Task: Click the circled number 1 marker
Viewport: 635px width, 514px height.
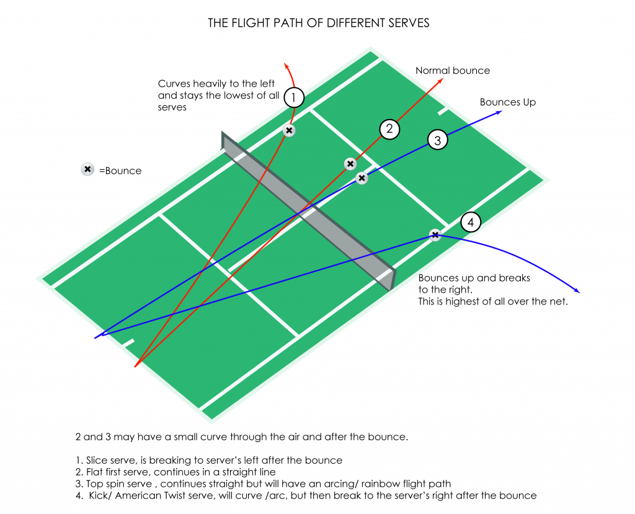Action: pos(294,98)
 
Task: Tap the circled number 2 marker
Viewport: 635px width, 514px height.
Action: pos(389,129)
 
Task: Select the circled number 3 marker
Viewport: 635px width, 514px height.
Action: pos(437,140)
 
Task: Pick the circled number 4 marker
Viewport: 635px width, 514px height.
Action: pos(471,222)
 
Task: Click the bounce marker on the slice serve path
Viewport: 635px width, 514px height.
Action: pos(289,130)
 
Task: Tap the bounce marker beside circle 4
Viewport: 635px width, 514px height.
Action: pos(435,234)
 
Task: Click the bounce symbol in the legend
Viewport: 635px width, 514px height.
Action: pos(87,169)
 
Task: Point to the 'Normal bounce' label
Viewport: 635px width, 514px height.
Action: pos(453,71)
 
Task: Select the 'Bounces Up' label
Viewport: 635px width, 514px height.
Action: pos(507,102)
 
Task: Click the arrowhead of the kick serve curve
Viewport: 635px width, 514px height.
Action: pos(578,291)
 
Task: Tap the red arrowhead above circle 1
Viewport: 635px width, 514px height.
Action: pos(285,64)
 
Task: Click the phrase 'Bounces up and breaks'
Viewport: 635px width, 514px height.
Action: pos(474,278)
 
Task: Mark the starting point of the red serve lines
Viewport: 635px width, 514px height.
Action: pos(135,366)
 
